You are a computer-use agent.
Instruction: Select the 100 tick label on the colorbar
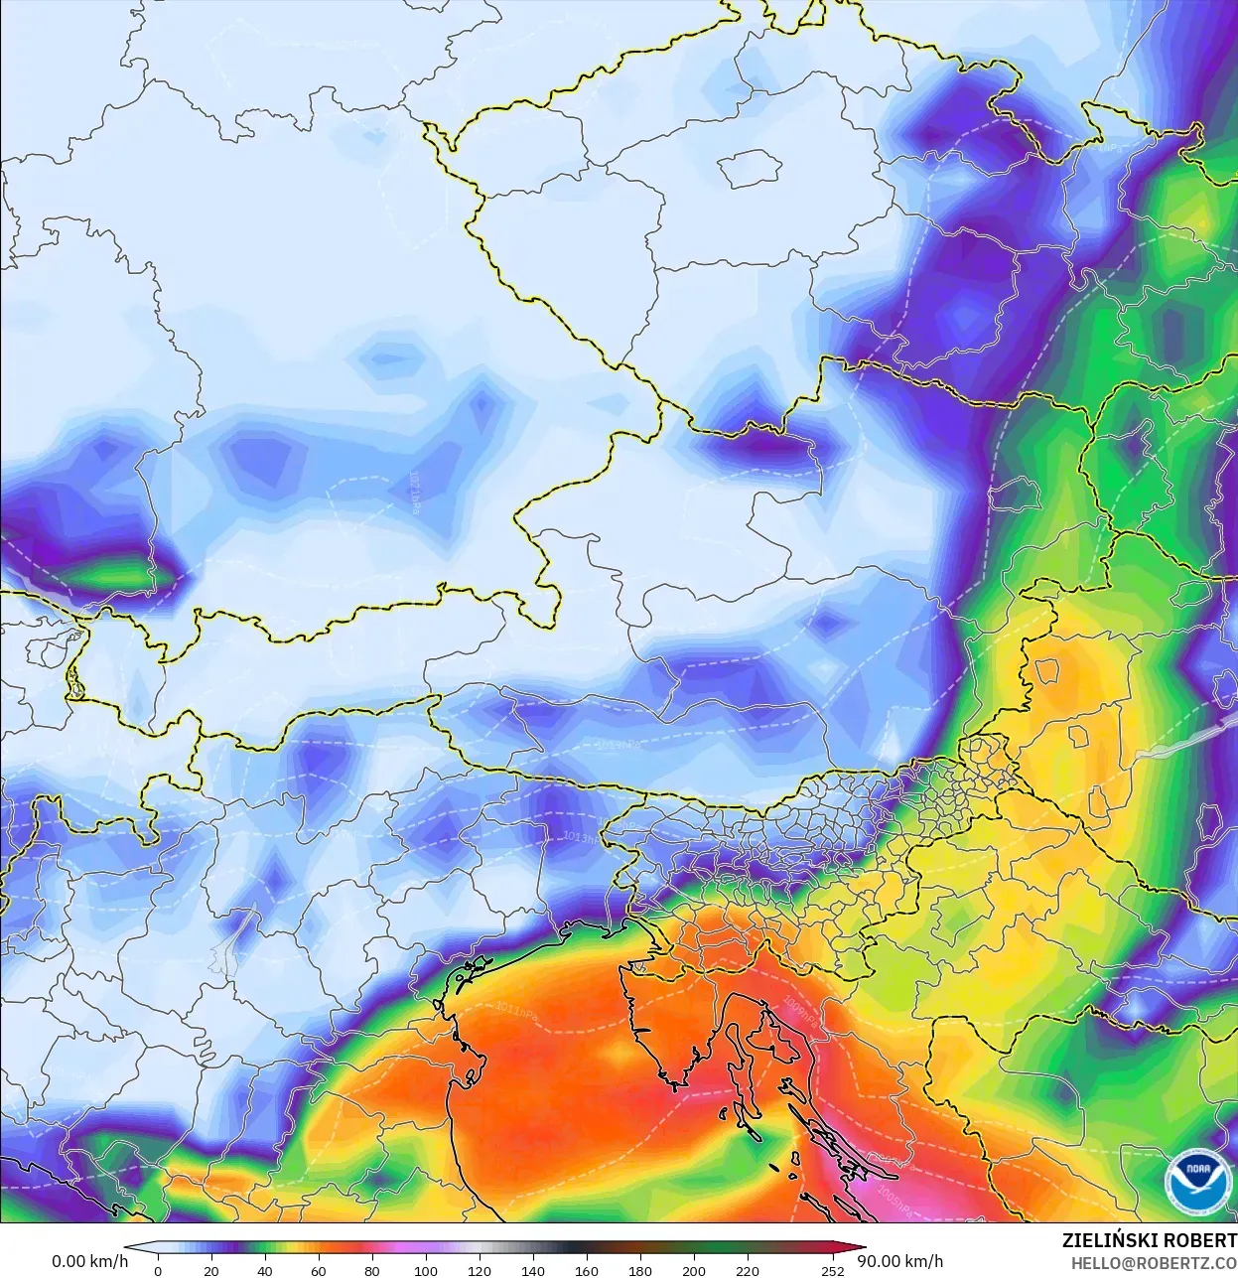click(x=426, y=1270)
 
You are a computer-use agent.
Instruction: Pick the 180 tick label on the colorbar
click(x=640, y=1270)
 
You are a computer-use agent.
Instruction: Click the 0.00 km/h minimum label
click(x=89, y=1261)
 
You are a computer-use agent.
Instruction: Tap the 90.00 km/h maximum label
click(x=899, y=1261)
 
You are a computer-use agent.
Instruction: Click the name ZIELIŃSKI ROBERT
click(x=1149, y=1240)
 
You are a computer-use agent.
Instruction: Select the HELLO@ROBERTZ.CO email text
click(x=1153, y=1263)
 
